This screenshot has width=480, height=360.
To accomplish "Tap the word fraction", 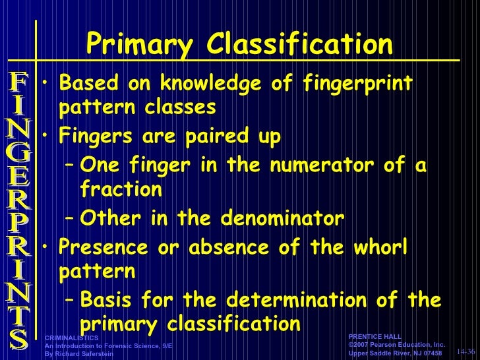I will [x=121, y=189].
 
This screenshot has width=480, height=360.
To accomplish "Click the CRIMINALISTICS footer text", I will [x=72, y=338].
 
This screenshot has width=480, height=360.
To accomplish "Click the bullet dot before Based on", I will [x=44, y=84].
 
